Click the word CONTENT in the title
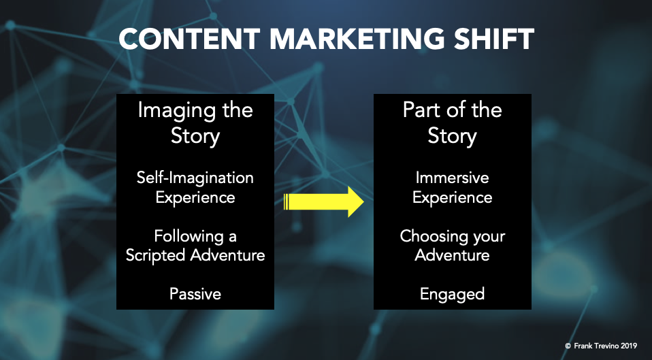[x=189, y=39]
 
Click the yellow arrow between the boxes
[x=323, y=201]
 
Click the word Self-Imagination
[x=195, y=178]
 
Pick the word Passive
[x=195, y=294]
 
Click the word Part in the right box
[x=420, y=110]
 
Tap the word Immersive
[x=452, y=178]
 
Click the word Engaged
[x=452, y=295]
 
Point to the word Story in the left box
[x=195, y=136]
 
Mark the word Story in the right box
[x=452, y=136]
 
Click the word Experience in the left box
[x=195, y=197]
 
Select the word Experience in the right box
[x=452, y=197]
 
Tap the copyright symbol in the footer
[x=568, y=346]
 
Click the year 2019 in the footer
[x=629, y=346]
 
